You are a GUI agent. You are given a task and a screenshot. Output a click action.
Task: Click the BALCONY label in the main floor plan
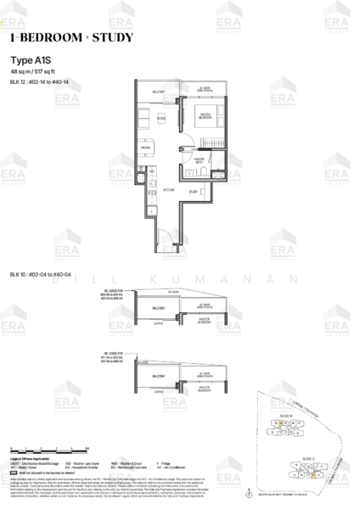(158, 91)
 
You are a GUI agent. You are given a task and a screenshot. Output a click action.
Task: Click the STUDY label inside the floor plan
(193, 192)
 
